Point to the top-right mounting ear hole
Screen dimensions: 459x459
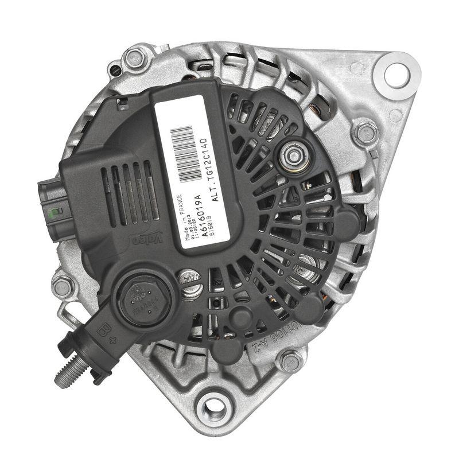click(x=396, y=73)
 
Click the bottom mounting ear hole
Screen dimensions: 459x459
click(x=211, y=409)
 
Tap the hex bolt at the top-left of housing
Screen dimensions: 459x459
click(x=133, y=57)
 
